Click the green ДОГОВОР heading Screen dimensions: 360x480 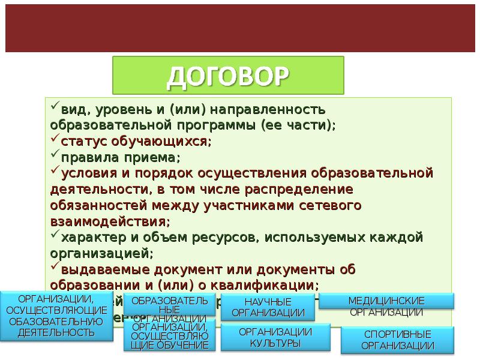tap(228, 76)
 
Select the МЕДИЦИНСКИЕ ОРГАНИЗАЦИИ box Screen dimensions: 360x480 tap(386, 305)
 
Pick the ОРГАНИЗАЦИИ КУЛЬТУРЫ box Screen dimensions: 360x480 tap(275, 337)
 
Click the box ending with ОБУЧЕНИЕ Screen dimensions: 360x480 tap(170, 335)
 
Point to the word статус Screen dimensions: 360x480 tap(79, 142)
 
